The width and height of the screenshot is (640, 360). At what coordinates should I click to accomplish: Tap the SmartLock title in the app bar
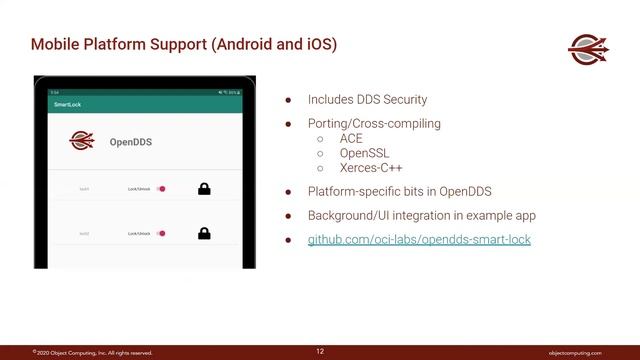click(67, 104)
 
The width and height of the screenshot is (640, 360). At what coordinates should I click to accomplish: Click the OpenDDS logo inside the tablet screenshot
click(83, 142)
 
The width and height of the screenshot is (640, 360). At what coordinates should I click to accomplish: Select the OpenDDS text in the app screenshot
click(130, 143)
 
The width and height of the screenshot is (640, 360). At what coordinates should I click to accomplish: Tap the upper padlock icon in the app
click(204, 188)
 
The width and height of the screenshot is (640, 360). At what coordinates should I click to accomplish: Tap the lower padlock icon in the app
click(204, 234)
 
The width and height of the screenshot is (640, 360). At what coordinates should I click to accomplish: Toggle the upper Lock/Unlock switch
click(160, 188)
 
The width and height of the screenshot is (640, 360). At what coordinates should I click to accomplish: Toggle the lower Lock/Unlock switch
click(160, 234)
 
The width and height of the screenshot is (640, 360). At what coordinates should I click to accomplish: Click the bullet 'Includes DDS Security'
click(367, 100)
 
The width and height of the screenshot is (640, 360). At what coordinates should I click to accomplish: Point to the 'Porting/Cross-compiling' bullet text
click(374, 124)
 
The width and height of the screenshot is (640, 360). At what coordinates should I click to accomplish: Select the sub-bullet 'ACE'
click(350, 139)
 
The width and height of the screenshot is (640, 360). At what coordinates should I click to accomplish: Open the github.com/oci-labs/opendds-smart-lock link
click(419, 240)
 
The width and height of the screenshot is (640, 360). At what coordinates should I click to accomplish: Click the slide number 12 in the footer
click(320, 351)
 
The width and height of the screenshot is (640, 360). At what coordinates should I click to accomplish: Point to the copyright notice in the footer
click(92, 352)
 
